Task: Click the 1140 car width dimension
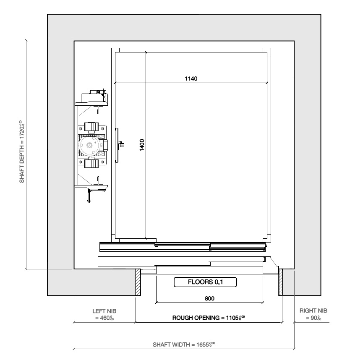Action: pyautogui.click(x=191, y=78)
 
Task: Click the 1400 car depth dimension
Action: pyautogui.click(x=142, y=145)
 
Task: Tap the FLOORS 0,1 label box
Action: pyautogui.click(x=206, y=282)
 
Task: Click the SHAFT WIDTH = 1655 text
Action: pyautogui.click(x=185, y=344)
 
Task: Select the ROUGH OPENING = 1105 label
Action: pyautogui.click(x=209, y=318)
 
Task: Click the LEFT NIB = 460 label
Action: pyautogui.click(x=104, y=315)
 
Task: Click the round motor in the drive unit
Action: pyautogui.click(x=89, y=145)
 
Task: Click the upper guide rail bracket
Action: pyautogui.click(x=91, y=99)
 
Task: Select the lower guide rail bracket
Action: pyautogui.click(x=91, y=189)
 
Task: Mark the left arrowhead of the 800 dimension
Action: pyautogui.click(x=157, y=302)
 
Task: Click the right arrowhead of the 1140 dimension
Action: pyautogui.click(x=266, y=82)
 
